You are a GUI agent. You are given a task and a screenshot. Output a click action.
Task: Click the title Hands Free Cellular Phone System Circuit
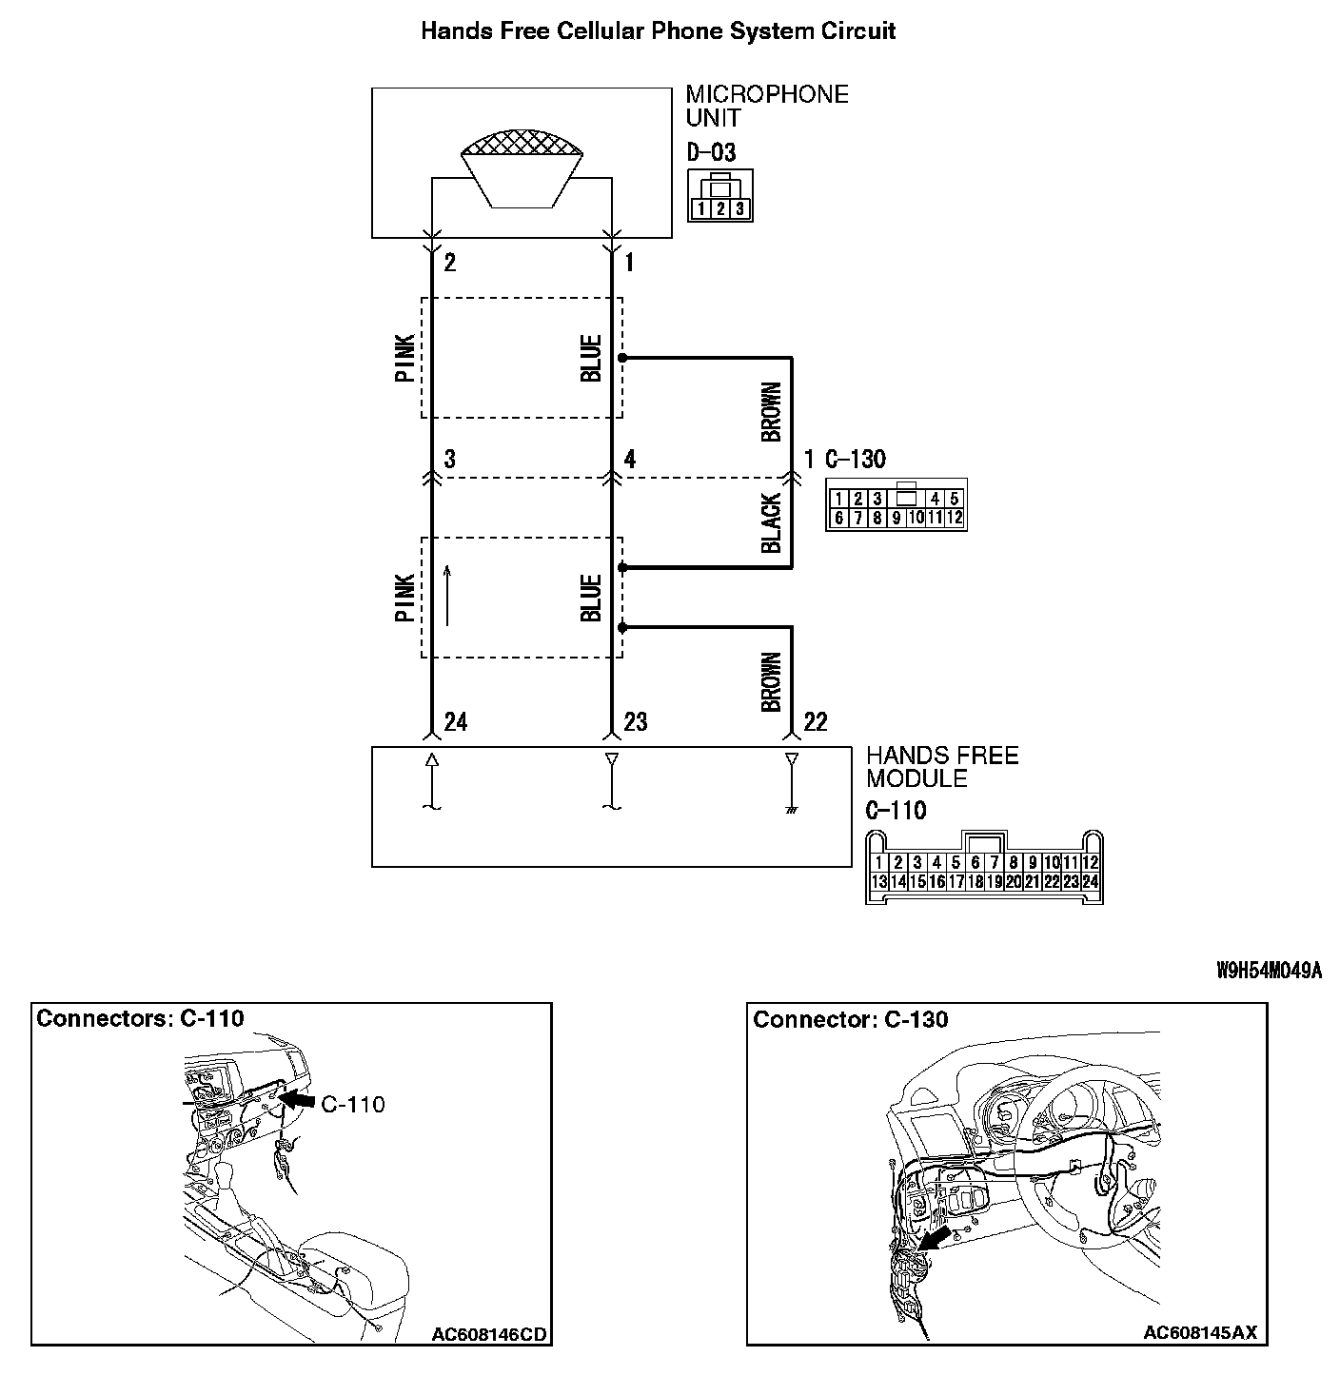[x=658, y=30]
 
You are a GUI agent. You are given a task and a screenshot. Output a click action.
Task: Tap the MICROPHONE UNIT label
[x=766, y=106]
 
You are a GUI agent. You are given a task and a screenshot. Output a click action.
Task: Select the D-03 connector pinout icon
[x=719, y=196]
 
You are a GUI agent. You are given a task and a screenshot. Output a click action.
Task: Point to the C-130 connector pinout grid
[x=897, y=505]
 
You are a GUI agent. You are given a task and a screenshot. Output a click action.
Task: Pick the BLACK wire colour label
[x=771, y=522]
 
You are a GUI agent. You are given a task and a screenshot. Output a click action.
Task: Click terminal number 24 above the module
[x=455, y=722]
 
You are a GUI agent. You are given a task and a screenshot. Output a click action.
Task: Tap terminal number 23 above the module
[x=635, y=722]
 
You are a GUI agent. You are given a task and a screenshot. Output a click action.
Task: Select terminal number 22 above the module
[x=815, y=722]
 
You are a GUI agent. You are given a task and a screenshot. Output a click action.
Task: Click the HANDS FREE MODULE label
[x=941, y=767]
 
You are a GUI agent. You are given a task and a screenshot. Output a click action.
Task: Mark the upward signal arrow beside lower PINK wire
[x=447, y=597]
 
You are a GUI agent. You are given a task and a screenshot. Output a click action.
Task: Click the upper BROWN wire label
[x=771, y=411]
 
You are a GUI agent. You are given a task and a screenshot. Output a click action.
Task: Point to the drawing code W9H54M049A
[x=1269, y=971]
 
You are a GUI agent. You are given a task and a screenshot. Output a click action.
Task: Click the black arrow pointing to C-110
[x=298, y=1100]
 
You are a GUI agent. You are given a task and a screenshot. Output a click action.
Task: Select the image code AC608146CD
[x=489, y=1334]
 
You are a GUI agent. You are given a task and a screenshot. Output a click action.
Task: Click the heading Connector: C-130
[x=850, y=1020]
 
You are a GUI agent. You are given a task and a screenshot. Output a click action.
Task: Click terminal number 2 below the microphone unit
[x=449, y=263]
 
